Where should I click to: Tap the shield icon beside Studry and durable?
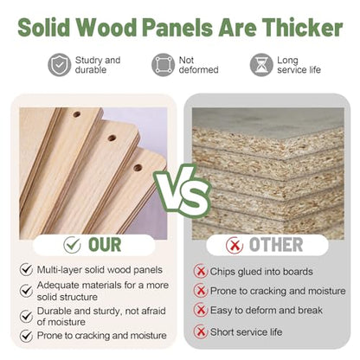click(60, 65)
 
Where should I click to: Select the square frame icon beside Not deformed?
click(164, 65)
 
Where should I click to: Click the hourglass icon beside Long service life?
click(261, 65)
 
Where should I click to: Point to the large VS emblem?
click(183, 191)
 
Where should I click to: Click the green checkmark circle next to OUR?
click(72, 245)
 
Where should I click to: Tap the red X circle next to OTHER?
click(235, 246)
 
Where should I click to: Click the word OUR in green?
click(105, 245)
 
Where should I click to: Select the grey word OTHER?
click(276, 245)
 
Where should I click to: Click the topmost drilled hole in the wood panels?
click(77, 114)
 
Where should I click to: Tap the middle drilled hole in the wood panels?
click(112, 138)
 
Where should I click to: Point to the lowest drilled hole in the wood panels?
click(138, 168)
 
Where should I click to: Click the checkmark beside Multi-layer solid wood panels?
click(26, 270)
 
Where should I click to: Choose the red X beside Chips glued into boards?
click(201, 272)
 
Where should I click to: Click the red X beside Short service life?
click(201, 331)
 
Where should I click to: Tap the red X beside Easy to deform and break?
click(201, 310)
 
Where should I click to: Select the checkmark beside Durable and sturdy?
click(26, 316)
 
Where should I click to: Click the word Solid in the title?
click(44, 28)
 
